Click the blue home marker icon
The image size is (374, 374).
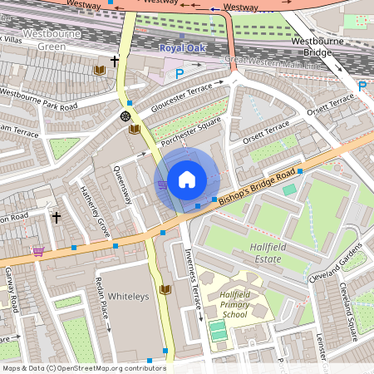click(187, 180)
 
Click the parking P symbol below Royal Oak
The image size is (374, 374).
click(180, 74)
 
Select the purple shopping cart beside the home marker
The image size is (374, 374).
click(163, 184)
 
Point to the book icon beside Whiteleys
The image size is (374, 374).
click(165, 289)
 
